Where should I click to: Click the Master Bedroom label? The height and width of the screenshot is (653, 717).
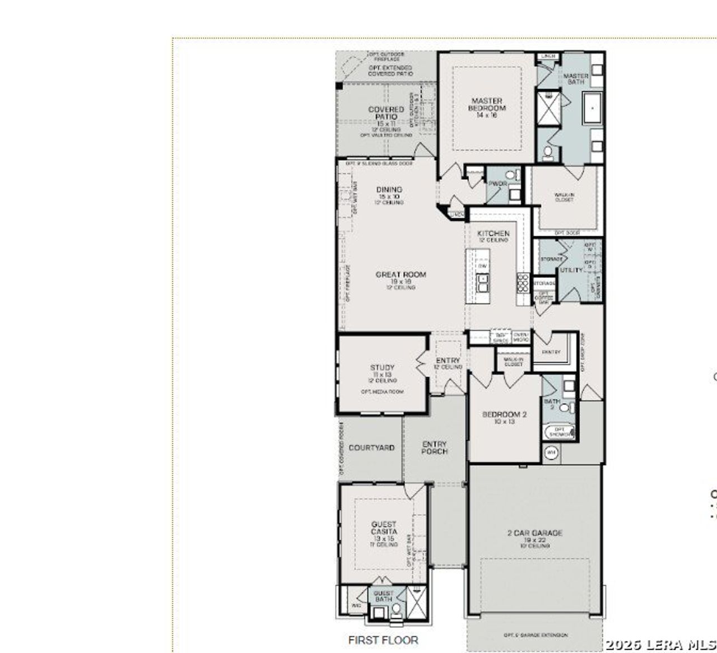coord(487,105)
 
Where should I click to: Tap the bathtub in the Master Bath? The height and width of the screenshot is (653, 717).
coord(592,109)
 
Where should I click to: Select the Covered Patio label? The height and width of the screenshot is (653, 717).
coord(386,113)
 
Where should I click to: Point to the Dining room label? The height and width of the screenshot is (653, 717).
coord(389,190)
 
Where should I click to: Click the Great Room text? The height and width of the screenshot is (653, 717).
coord(401,275)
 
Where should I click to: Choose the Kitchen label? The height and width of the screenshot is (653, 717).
coord(493,234)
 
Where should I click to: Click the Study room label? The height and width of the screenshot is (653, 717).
coord(382,368)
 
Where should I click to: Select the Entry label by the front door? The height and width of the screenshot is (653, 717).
coord(448,361)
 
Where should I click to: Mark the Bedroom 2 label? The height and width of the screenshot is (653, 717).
coord(504,415)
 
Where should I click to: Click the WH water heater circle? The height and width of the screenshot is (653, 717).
coord(551,452)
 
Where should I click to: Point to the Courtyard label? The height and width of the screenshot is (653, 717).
coord(371,448)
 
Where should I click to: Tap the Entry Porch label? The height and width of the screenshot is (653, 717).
coord(434,447)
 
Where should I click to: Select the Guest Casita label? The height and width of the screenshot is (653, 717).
coord(384,528)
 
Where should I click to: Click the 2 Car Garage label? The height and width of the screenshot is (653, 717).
coord(534,533)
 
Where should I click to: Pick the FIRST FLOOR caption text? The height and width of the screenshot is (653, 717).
coord(383,640)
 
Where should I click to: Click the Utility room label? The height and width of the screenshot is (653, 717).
coord(571,270)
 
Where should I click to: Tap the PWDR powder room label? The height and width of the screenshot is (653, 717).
coord(497,184)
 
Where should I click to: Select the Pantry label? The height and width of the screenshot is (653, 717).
coord(551,352)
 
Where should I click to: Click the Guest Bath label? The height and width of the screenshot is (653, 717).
coord(383,596)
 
